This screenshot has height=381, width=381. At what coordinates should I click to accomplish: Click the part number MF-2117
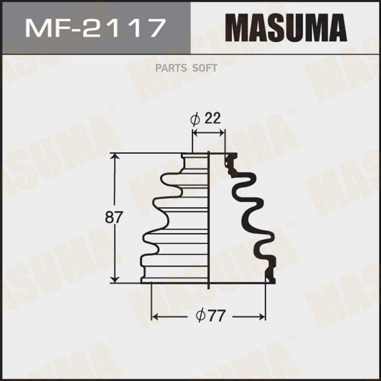95,29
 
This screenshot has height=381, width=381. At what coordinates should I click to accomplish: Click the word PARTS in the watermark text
170,69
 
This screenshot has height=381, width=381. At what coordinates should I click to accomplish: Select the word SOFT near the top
204,69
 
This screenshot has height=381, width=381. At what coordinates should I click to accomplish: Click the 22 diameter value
213,119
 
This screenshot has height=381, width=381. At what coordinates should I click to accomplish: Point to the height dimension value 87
113,218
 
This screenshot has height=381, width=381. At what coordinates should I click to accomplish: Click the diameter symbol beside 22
195,119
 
